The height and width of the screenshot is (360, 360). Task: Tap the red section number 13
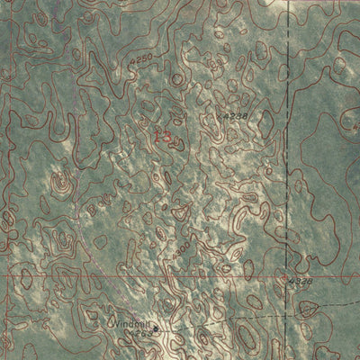[x=163, y=136]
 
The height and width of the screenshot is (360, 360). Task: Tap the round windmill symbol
[x=154, y=328]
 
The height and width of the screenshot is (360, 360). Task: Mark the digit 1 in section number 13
[x=158, y=136]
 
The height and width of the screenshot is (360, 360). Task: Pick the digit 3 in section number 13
[x=167, y=136]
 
